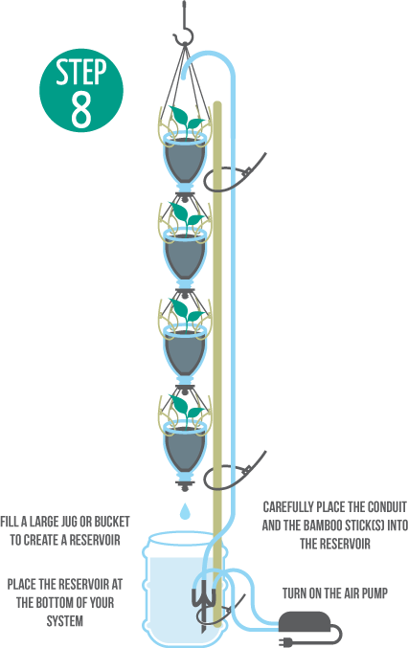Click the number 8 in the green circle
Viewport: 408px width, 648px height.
81,110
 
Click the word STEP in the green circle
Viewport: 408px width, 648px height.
81,72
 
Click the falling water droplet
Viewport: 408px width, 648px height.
185,511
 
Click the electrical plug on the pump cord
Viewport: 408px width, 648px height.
286,640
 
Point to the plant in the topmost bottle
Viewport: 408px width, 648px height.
187,119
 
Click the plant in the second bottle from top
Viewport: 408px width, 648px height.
187,216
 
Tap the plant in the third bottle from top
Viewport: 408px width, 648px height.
187,313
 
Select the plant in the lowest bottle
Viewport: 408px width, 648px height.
187,410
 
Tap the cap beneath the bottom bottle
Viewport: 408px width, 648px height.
185,483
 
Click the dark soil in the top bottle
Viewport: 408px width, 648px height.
185,161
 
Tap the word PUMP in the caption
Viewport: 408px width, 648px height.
374,593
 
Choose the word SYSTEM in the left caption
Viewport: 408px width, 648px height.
65,621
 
